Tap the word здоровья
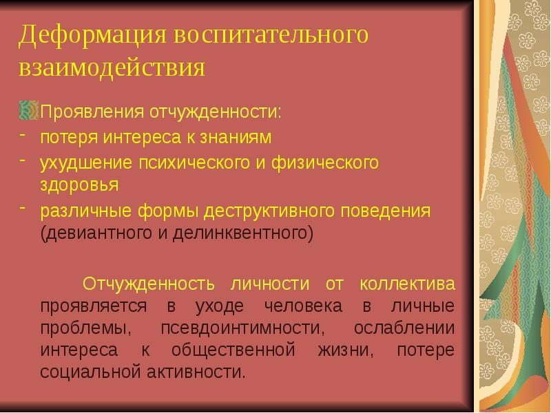click(x=79, y=184)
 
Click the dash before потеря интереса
click(x=22, y=136)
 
